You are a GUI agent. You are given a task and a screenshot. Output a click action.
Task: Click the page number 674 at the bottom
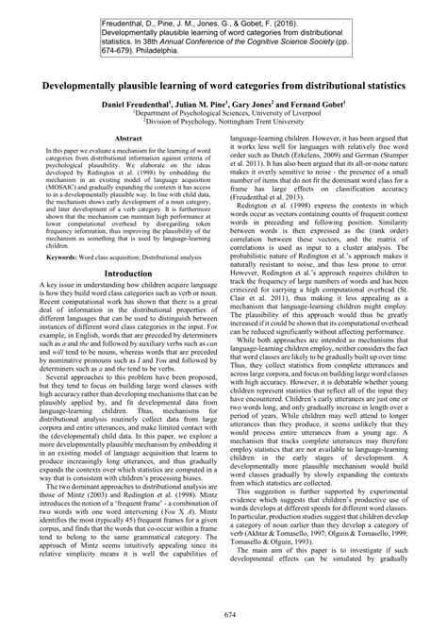tap(223, 615)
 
